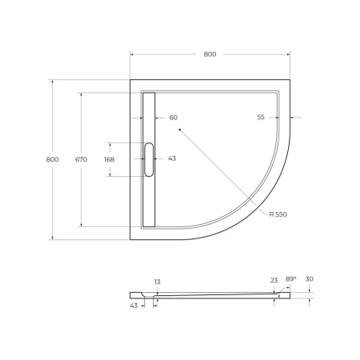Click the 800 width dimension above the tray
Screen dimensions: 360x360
[x=210, y=54]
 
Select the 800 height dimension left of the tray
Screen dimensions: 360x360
[x=52, y=159]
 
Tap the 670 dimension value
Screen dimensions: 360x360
[x=81, y=159]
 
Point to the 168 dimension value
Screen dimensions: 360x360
[x=109, y=159]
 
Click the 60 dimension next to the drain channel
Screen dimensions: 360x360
[x=174, y=118]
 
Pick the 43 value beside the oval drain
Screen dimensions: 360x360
[x=172, y=159]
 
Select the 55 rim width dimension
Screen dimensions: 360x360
[x=261, y=118]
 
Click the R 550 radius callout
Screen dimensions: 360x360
[x=278, y=215]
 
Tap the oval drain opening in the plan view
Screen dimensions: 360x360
[x=148, y=159]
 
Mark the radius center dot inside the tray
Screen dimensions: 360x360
[x=180, y=128]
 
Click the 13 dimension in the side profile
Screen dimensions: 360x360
[x=157, y=282]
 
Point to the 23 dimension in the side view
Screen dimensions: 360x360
[x=274, y=280]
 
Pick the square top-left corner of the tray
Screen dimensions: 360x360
[x=133, y=82]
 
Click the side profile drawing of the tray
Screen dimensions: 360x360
[x=216, y=295]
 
